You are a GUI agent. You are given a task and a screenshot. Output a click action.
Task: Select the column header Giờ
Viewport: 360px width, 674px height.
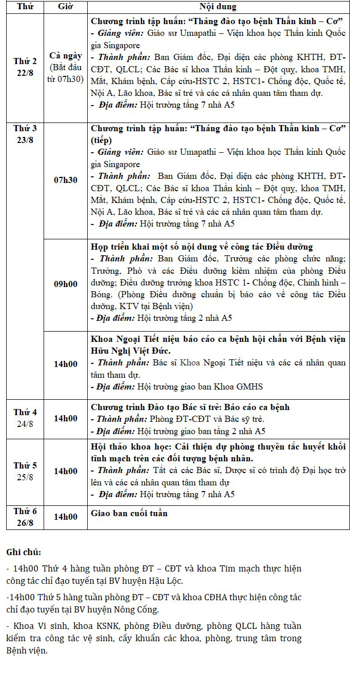click(x=66, y=7)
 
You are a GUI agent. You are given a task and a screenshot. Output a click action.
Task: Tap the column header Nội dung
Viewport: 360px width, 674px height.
click(x=218, y=7)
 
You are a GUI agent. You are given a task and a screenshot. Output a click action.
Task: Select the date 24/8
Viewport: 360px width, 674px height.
click(x=25, y=423)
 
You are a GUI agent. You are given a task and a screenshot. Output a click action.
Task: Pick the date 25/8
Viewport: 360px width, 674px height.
click(x=25, y=477)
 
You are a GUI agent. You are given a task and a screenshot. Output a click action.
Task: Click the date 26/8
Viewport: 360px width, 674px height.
click(x=25, y=522)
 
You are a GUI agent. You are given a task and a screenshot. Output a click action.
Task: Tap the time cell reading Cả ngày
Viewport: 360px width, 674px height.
click(x=66, y=56)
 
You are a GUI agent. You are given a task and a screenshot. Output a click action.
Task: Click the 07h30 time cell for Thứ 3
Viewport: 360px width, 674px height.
click(x=66, y=180)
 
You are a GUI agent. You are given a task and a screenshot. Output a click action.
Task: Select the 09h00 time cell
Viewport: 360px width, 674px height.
click(x=66, y=284)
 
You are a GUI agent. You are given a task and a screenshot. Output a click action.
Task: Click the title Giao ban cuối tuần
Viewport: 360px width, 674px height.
click(x=129, y=513)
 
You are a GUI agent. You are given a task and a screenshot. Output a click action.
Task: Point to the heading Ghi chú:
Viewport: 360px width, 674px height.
click(x=24, y=552)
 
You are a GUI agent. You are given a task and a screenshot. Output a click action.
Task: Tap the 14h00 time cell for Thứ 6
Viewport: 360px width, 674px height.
click(x=66, y=517)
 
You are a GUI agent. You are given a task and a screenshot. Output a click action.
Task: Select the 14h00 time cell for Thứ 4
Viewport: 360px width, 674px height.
click(x=66, y=418)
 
